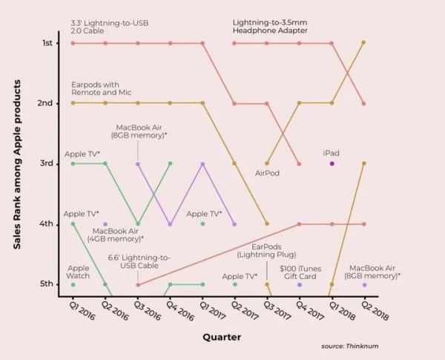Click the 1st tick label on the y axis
46,43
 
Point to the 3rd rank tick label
46,163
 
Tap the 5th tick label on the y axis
46,284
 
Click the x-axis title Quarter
221,337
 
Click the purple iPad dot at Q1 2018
332,163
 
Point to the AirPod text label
267,173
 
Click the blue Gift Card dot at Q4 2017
300,284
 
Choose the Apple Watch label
78,272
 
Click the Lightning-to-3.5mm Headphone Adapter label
269,26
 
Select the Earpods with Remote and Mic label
101,88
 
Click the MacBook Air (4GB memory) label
118,235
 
